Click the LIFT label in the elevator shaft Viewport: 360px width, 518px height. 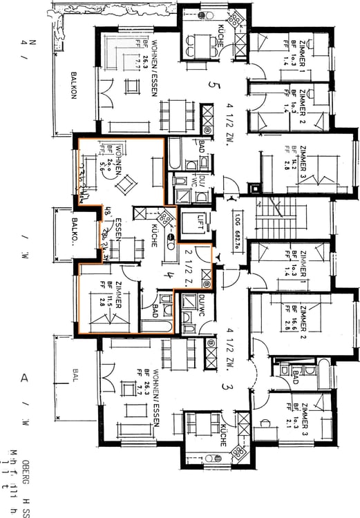click(201, 218)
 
